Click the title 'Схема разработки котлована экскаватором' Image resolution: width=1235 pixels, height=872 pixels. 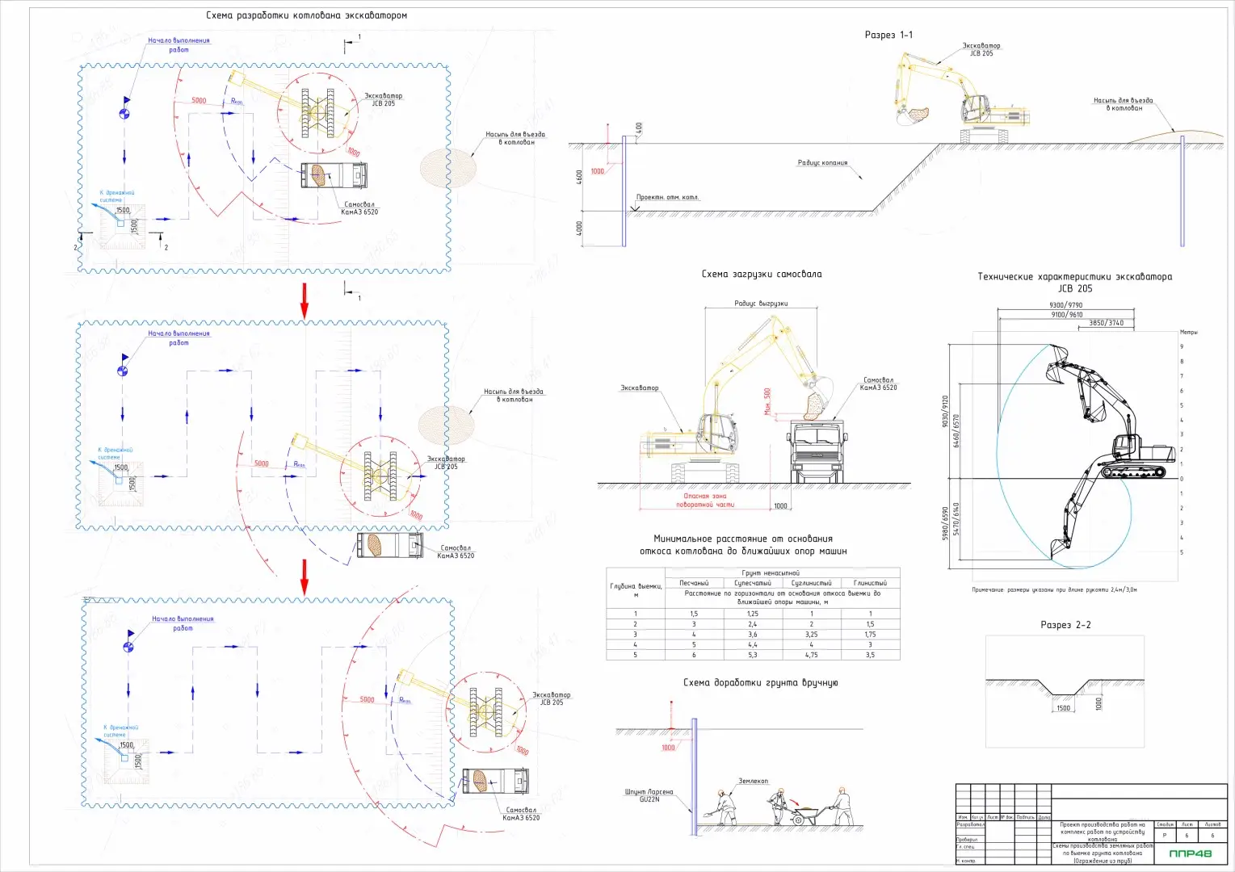coord(306,15)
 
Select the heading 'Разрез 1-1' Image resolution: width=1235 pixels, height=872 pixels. coord(888,35)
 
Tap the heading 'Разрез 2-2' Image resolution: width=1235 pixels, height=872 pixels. coord(1065,625)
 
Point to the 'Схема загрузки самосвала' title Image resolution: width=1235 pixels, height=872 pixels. coord(761,275)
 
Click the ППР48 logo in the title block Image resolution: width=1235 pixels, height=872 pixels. coord(1190,853)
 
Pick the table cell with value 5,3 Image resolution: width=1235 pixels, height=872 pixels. coord(752,655)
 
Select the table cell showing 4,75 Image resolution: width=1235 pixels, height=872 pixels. coord(811,655)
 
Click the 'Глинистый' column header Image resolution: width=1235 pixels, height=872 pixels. coord(870,583)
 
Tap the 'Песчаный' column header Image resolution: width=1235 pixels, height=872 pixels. coord(694,583)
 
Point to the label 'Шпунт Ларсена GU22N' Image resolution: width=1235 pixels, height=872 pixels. coord(648,795)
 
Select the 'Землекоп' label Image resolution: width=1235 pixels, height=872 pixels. coord(753,781)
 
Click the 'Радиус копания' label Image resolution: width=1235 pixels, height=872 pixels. coord(822,163)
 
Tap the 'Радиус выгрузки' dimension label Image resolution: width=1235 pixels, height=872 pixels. coord(760,304)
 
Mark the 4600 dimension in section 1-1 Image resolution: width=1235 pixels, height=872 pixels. coord(579,177)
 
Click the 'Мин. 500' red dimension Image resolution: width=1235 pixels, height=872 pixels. coord(767,401)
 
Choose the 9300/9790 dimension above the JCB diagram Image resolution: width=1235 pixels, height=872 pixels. coord(1065,305)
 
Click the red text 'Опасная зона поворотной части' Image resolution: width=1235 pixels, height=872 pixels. coord(704,501)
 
